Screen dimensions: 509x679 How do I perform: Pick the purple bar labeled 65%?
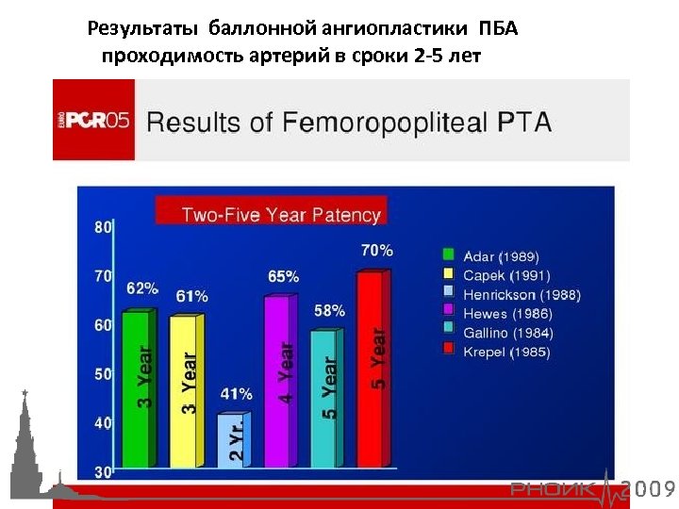coord(280,382)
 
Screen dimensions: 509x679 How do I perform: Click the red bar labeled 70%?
coord(371,368)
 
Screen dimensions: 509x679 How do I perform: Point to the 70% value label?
coord(376,251)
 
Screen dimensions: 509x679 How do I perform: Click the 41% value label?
coord(236,394)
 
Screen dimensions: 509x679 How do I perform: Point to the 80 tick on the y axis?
coord(103,226)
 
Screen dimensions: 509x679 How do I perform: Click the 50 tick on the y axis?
coord(103,374)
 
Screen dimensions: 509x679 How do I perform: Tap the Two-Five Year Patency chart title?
coord(280,214)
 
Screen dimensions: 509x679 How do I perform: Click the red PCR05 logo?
coord(93,121)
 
